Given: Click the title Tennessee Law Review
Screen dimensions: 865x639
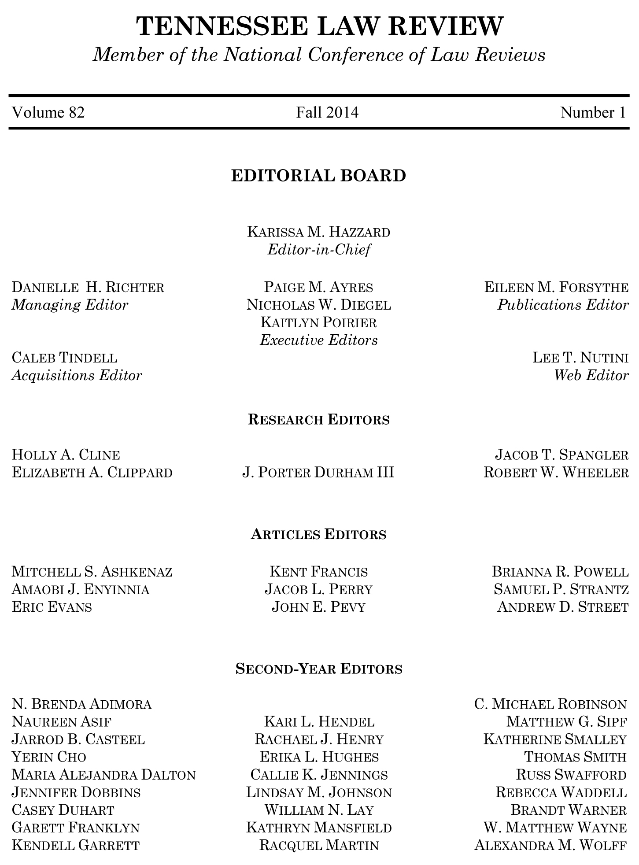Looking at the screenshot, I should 319,26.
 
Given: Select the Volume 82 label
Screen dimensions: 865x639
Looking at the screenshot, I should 48,113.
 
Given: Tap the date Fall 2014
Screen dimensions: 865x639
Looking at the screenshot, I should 327,113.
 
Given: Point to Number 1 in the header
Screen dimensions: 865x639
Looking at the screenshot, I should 593,113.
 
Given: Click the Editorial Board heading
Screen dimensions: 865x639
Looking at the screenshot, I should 318,176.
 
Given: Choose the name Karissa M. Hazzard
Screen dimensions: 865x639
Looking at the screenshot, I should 319,232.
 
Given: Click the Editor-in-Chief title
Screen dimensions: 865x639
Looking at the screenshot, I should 319,250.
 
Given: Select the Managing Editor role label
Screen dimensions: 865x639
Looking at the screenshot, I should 70,305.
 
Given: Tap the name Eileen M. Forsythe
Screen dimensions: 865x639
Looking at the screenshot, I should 556,288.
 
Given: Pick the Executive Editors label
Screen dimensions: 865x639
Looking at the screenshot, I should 319,340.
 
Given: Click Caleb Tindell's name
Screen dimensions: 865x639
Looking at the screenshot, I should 64,358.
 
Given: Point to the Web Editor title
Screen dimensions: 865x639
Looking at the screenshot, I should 591,375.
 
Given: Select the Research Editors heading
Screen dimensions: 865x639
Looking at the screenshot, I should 319,419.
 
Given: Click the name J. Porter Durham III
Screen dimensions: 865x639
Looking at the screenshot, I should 318,473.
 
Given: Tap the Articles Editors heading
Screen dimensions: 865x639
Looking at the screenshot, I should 319,534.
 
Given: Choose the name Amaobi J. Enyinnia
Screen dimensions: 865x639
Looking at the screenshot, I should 81,589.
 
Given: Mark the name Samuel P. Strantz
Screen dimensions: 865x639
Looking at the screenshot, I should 561,589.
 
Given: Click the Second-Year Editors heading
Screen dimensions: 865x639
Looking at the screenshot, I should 319,669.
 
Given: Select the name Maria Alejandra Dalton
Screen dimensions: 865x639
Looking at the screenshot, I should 103,775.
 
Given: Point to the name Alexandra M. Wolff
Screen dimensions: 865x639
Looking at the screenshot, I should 550,845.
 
